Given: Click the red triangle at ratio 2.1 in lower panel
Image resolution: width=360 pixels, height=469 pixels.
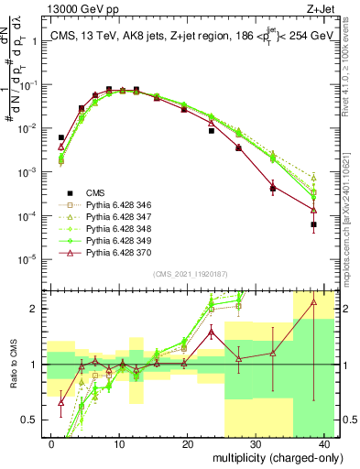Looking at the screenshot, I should click(314, 301).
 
